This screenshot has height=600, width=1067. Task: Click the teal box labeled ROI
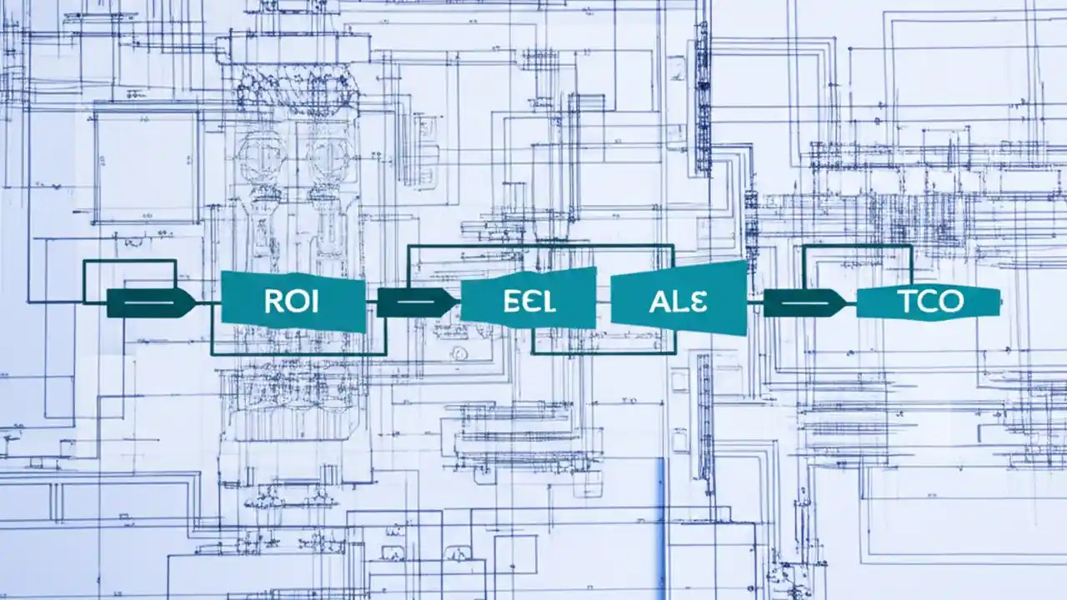click(x=293, y=302)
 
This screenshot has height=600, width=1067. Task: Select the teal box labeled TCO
click(x=928, y=302)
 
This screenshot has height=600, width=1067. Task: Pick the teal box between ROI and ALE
click(x=528, y=299)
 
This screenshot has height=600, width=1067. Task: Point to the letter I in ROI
click(x=314, y=302)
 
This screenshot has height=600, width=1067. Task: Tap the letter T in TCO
click(x=909, y=302)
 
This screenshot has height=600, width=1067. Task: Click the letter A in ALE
click(x=659, y=301)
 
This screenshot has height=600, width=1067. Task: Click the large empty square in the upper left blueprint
click(x=147, y=164)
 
